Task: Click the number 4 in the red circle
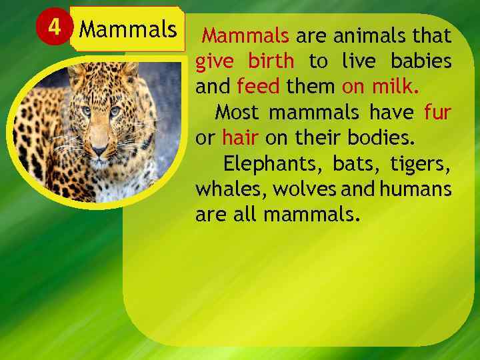(x=53, y=29)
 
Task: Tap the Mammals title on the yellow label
(x=128, y=30)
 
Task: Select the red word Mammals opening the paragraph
(x=245, y=35)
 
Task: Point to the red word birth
(x=271, y=61)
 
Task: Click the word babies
(x=421, y=61)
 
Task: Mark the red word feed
(x=257, y=87)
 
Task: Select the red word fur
(x=437, y=112)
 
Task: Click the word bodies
(x=383, y=137)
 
